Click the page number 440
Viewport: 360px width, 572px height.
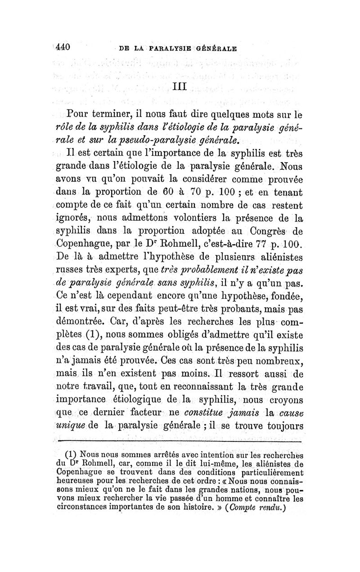(63, 46)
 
